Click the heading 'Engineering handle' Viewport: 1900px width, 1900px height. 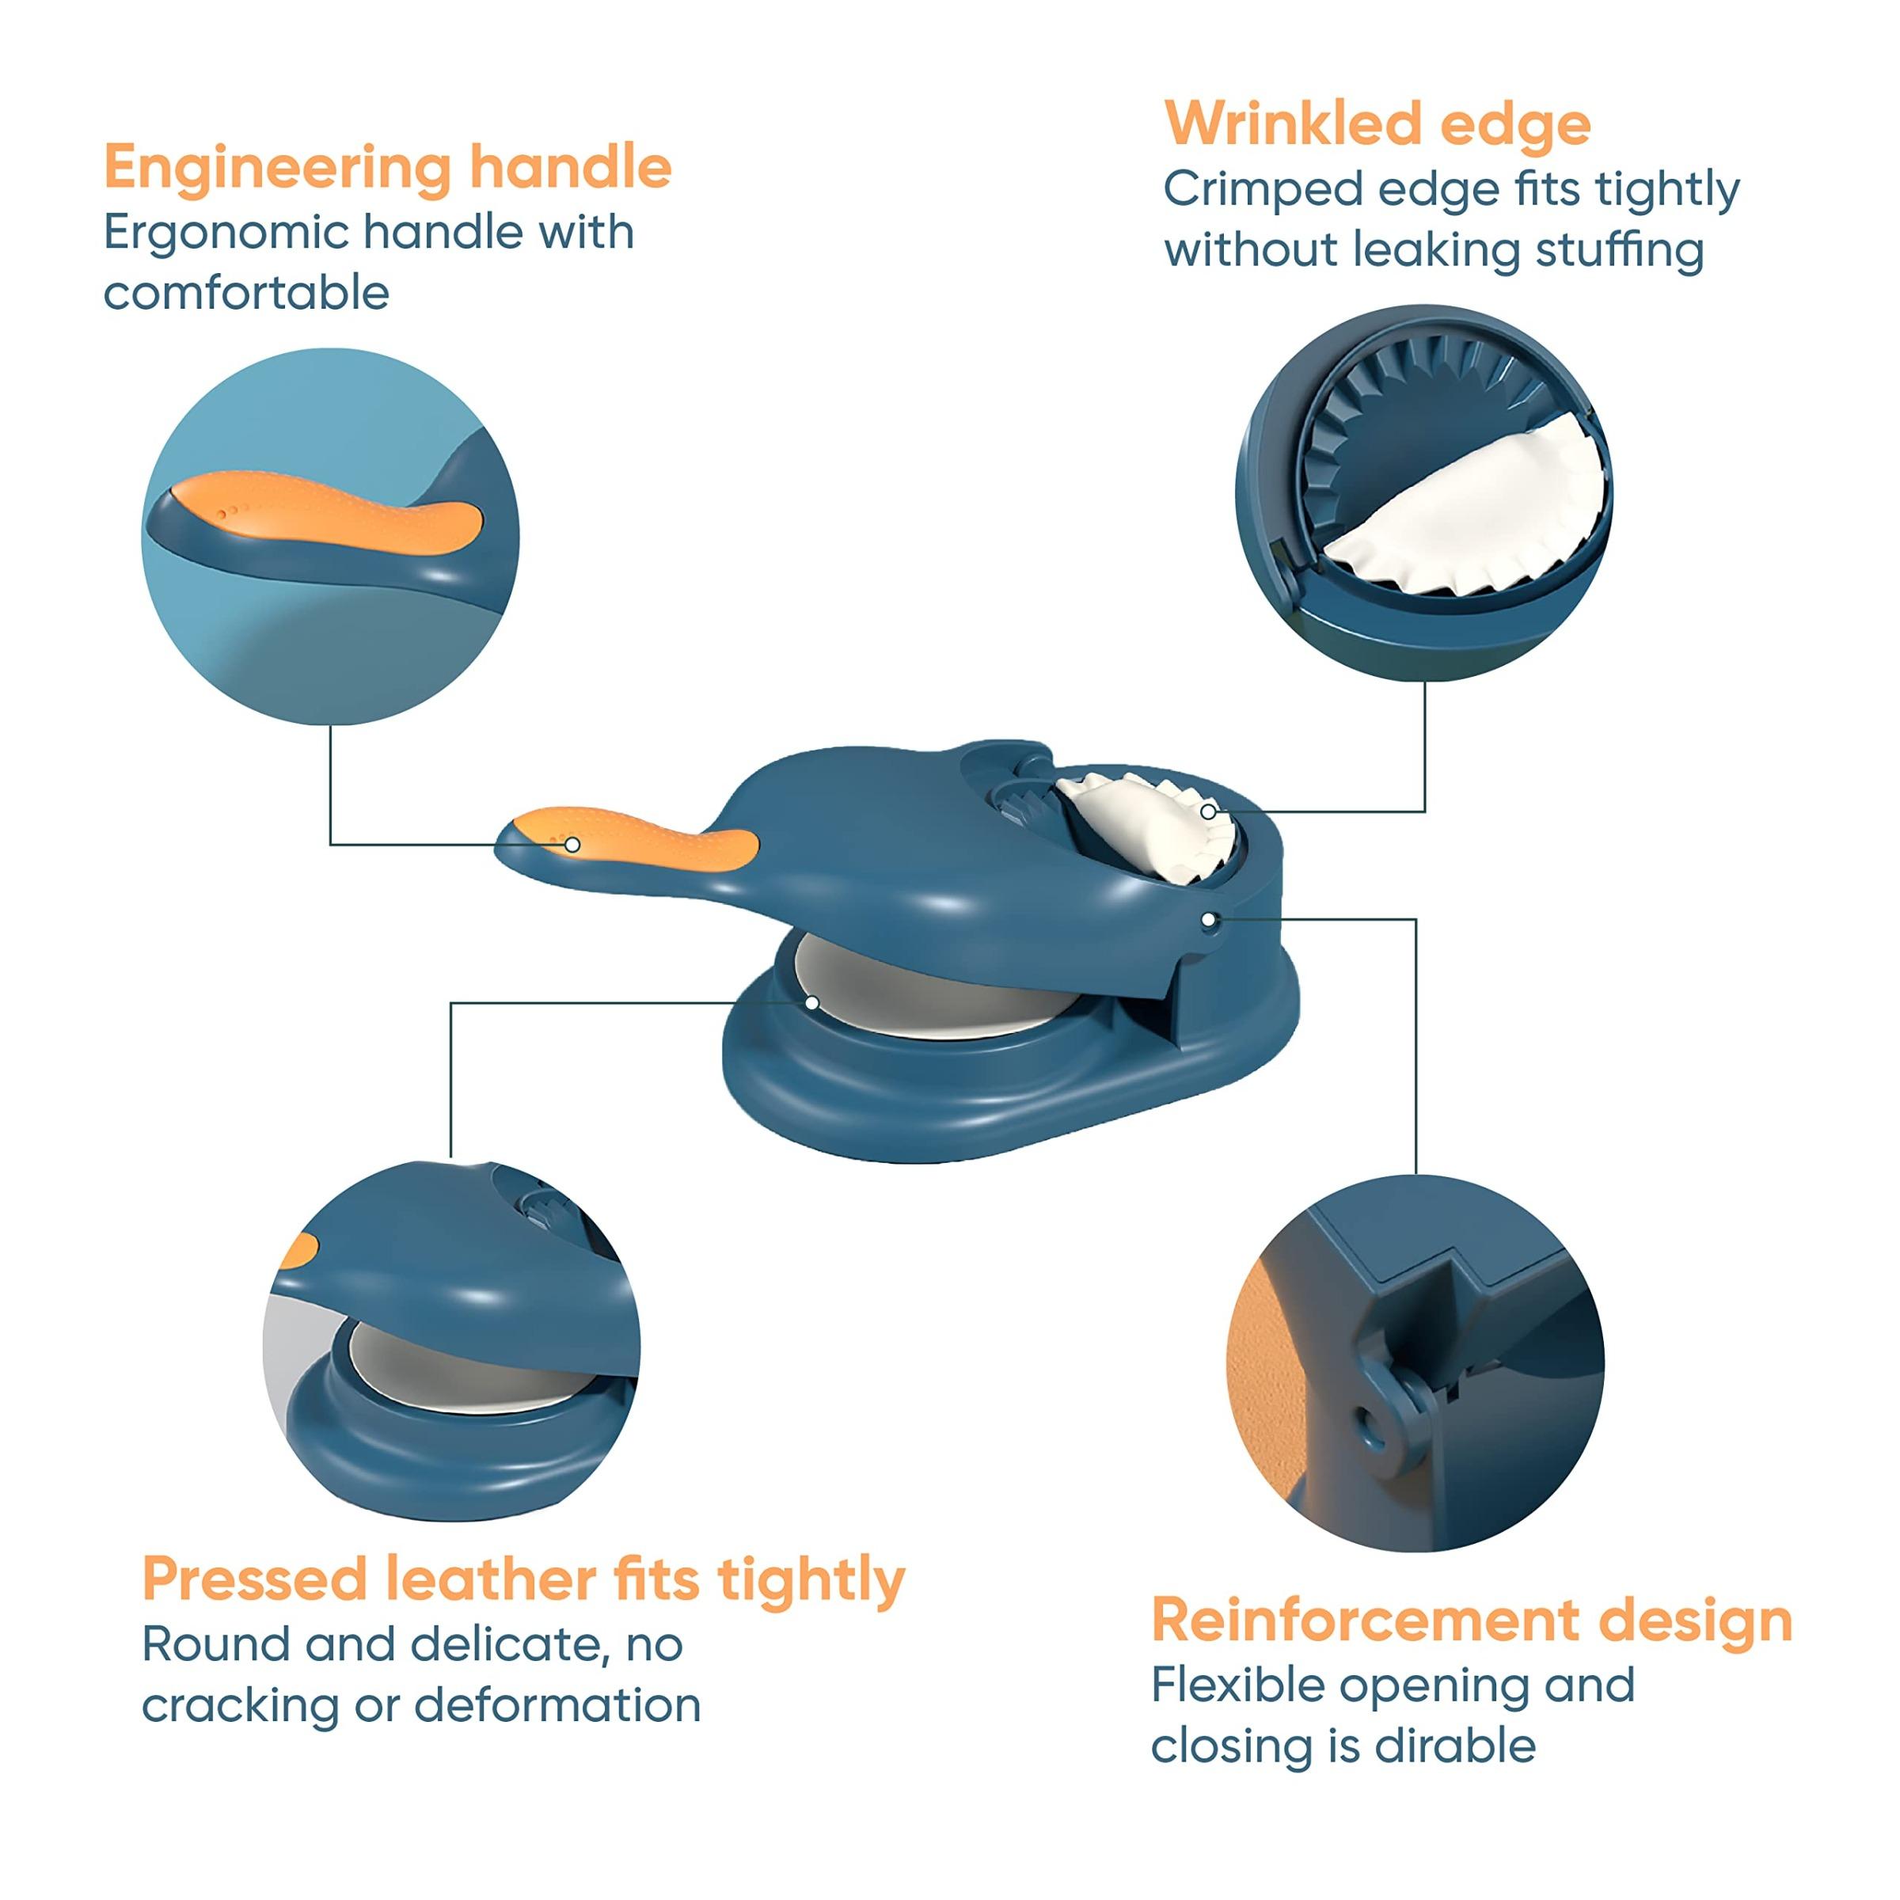(387, 167)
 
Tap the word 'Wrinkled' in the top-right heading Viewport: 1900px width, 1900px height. (1291, 125)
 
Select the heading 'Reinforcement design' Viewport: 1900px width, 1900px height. (1471, 1621)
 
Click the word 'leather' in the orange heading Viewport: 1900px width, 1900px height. (490, 1580)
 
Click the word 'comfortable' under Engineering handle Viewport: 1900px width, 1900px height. (246, 293)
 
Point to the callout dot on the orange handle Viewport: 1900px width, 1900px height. (572, 845)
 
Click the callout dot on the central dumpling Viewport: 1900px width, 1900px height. (1207, 811)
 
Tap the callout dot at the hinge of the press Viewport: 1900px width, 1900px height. (1209, 918)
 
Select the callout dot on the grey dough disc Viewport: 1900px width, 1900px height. (812, 1002)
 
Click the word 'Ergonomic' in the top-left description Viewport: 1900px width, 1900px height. (226, 233)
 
